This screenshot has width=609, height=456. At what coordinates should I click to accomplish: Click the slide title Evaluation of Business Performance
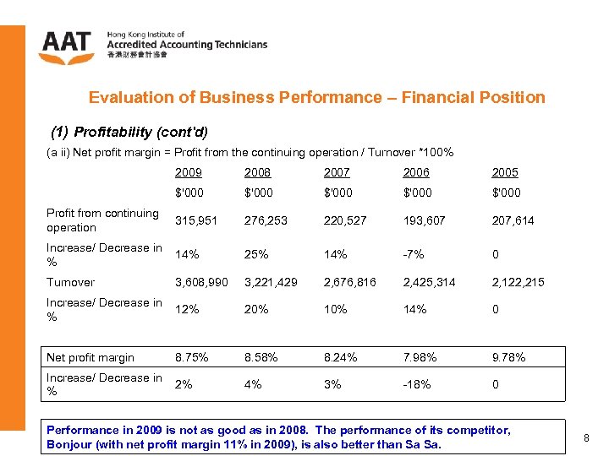(x=317, y=97)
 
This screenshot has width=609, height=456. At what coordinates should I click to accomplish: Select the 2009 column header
(x=189, y=172)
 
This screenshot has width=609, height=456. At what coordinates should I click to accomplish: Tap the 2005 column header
(x=505, y=172)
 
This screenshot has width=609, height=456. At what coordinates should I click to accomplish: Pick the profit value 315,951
(x=195, y=220)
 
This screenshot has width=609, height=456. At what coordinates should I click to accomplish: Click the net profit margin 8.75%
(x=193, y=357)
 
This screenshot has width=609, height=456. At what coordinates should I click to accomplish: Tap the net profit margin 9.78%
(x=508, y=357)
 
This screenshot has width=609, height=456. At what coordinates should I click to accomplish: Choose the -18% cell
(x=417, y=384)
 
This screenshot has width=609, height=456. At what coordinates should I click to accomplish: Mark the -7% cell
(x=414, y=254)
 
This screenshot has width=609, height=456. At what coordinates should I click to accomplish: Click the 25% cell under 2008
(x=256, y=254)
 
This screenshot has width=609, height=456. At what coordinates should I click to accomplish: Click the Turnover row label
(x=70, y=282)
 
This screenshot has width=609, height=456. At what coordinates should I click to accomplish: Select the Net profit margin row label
(x=91, y=357)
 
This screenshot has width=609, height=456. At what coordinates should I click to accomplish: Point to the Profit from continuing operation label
(x=102, y=220)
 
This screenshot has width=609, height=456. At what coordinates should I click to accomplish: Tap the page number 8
(x=588, y=437)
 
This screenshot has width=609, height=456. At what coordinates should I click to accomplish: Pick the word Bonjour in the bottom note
(x=69, y=444)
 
